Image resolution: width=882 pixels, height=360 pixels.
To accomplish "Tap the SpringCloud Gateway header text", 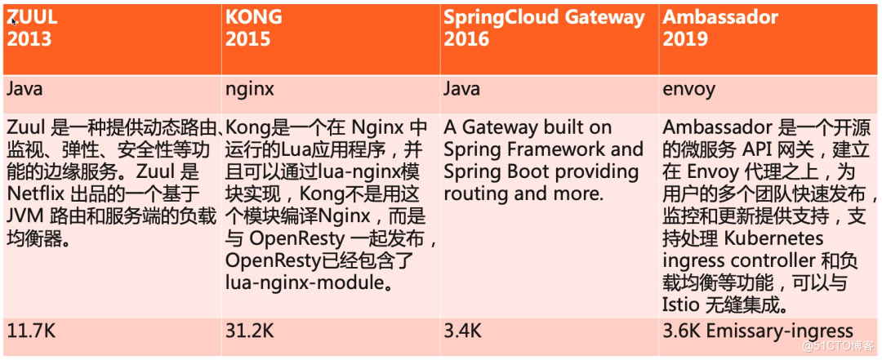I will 545,17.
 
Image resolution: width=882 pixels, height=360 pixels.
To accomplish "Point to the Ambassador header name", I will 720,17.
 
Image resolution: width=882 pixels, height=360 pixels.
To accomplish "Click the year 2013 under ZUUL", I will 29,38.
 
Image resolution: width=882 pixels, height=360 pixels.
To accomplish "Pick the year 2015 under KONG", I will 247,38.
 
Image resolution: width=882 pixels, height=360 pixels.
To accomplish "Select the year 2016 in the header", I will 467,38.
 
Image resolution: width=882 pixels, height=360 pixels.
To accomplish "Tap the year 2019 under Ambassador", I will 685,38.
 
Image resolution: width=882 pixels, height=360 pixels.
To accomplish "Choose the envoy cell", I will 688,89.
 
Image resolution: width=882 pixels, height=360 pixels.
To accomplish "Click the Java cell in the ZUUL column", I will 24,89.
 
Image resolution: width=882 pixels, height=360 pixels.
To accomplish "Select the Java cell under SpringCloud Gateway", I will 461,89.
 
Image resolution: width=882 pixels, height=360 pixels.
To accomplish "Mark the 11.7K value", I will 32,331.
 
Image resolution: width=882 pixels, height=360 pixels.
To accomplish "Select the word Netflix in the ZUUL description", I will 34,194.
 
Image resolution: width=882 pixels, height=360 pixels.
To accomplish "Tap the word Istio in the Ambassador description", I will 682,306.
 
